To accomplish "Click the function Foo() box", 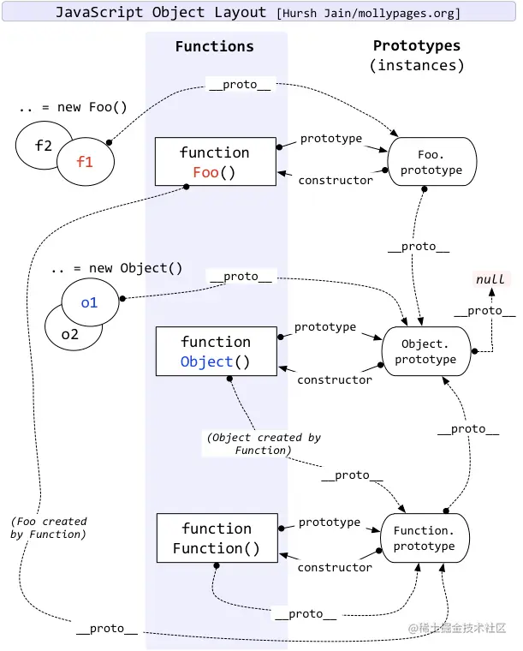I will pos(215,161).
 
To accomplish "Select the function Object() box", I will pos(216,351).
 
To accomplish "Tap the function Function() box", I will pos(217,538).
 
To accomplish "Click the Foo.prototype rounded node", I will pos(431,163).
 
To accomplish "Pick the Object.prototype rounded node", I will pos(425,351).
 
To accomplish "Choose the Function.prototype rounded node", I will pos(425,538).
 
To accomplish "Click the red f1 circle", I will pos(85,160).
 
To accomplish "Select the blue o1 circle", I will pos(89,302).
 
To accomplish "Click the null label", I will pos(490,279).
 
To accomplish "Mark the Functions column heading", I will pos(214,46).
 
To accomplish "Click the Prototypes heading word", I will pos(417,45).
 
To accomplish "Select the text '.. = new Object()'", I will pos(116,268).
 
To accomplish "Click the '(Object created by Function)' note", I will pos(264,444).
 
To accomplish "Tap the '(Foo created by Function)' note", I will pos(49,528).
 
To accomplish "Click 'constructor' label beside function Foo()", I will pos(335,180).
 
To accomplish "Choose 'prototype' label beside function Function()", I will pos(330,522).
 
